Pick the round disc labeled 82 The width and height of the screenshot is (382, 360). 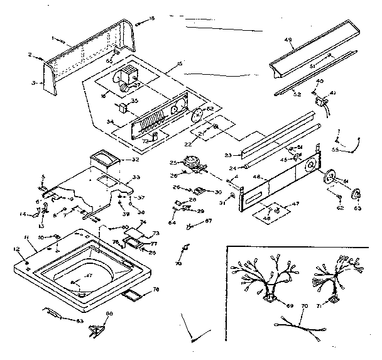click(x=198, y=116)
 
